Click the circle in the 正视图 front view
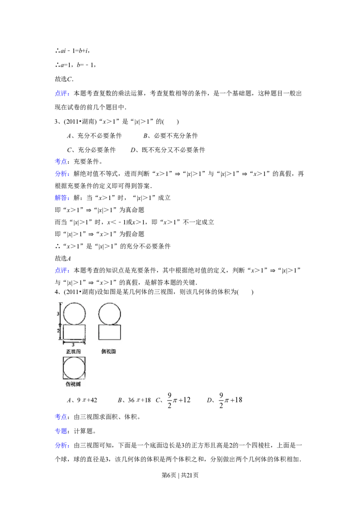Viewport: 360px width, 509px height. (74, 313)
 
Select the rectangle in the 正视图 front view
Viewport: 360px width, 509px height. (74, 332)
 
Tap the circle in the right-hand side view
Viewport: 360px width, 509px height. (109, 313)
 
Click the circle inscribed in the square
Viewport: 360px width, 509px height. (74, 368)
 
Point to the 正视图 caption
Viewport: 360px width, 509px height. (74, 351)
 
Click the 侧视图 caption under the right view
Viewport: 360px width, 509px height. (108, 351)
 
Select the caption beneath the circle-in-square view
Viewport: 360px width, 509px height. (74, 384)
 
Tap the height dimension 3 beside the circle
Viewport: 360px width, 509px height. (58, 313)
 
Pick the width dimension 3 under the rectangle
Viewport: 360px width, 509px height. (73, 344)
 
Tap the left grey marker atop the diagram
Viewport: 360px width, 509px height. (67, 296)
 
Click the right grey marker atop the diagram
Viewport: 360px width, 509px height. (95, 296)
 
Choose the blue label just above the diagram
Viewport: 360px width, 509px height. (62, 270)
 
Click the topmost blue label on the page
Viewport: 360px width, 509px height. (62, 94)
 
